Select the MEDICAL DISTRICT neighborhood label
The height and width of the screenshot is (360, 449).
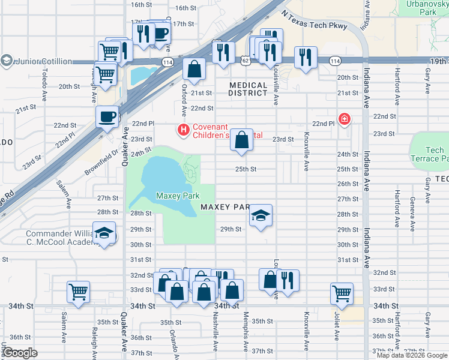click(x=248, y=89)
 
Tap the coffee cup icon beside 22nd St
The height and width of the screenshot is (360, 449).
click(x=107, y=116)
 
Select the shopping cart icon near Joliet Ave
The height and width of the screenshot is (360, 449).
click(x=342, y=293)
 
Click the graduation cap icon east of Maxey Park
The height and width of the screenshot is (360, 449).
click(x=261, y=215)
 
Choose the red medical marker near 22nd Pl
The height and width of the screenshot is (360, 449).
click(x=345, y=119)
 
